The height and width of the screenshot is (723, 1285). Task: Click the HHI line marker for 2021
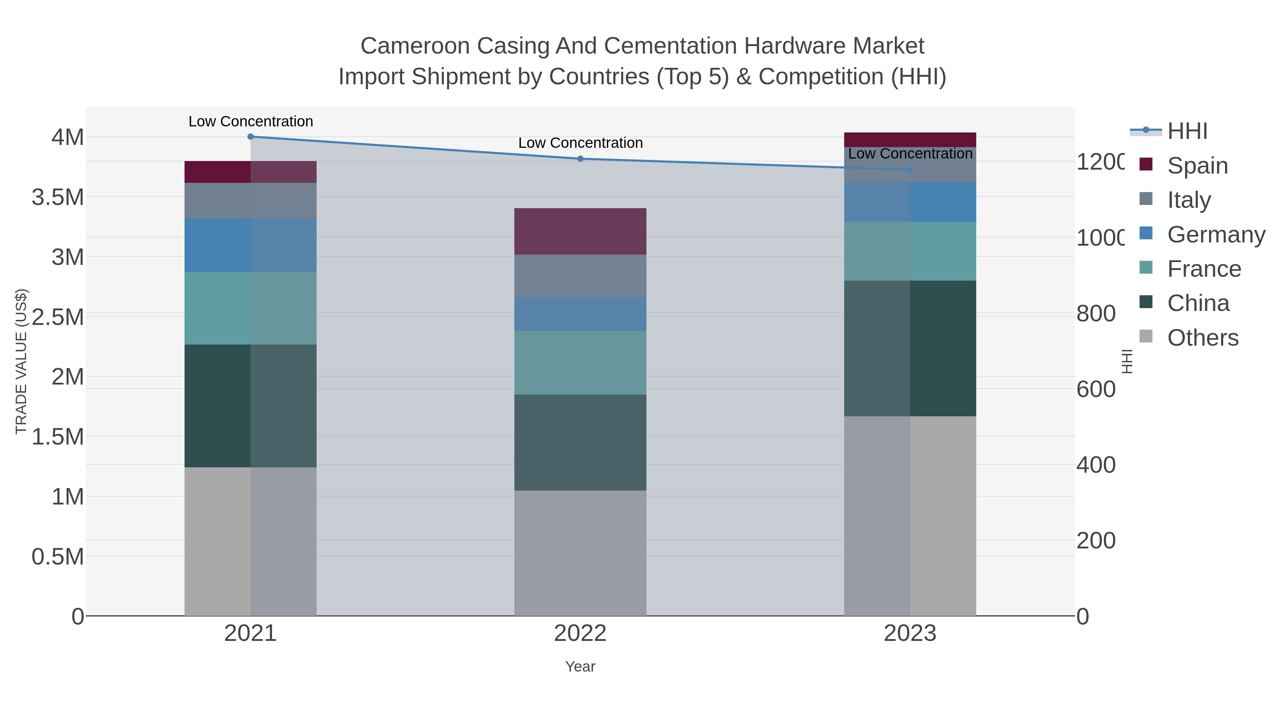(251, 137)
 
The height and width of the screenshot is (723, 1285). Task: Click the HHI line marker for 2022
(580, 159)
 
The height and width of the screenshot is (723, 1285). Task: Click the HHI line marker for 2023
(910, 170)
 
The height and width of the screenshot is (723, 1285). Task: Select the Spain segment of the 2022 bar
(580, 231)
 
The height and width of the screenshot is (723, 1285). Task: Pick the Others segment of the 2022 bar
(580, 553)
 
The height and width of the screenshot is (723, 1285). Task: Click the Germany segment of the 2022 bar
(580, 314)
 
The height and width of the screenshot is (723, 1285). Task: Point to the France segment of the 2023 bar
(910, 251)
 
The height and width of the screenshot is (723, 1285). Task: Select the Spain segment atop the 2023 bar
(910, 139)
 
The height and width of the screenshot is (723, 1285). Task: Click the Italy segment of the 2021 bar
(251, 201)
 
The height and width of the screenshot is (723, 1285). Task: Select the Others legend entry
(1202, 338)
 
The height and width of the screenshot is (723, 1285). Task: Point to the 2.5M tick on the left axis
(57, 317)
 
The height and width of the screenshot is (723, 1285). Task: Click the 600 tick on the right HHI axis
(1096, 389)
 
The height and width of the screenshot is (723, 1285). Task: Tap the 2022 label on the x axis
(580, 633)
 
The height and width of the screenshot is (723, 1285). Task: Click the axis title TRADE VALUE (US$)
(21, 361)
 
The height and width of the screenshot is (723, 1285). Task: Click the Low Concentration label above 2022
(580, 143)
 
